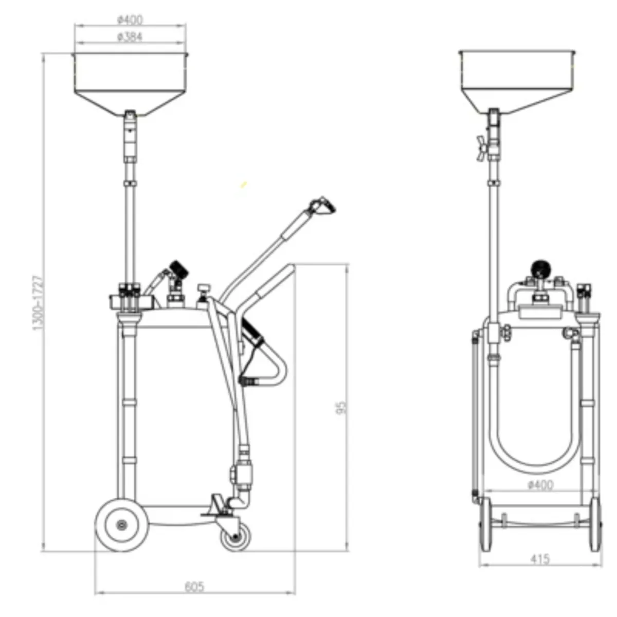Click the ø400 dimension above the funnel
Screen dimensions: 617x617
(130, 20)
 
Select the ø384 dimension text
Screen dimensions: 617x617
(130, 37)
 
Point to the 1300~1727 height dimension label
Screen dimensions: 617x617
(38, 303)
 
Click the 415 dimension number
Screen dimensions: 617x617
(539, 559)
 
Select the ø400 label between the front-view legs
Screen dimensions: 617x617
(540, 485)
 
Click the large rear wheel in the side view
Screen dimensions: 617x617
(122, 525)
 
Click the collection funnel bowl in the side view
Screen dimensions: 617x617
(131, 82)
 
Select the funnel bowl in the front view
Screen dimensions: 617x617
(516, 80)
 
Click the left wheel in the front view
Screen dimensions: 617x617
(485, 524)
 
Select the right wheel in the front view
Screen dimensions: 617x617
(595, 524)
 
